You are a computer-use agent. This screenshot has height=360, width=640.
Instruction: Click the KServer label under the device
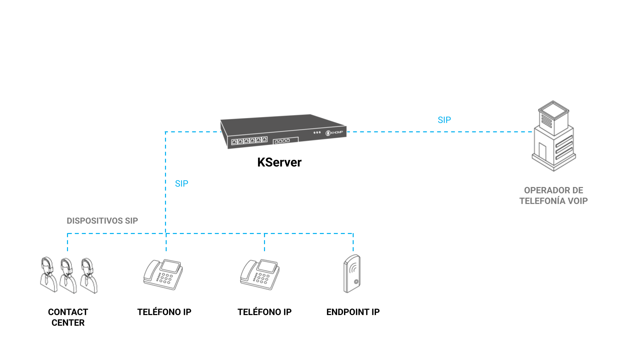[279, 162]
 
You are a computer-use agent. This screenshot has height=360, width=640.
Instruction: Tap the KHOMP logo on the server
[334, 133]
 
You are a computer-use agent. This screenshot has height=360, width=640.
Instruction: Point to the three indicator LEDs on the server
[317, 133]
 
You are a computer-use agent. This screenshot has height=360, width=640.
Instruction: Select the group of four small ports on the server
[282, 141]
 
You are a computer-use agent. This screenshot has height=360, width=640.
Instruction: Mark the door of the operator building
[542, 152]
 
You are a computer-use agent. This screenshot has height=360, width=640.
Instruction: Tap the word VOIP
[578, 201]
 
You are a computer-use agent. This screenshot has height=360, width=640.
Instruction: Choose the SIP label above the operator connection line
[444, 120]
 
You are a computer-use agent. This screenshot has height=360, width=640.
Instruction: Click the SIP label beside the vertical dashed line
[182, 184]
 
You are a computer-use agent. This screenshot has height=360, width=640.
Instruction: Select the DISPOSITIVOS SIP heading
[102, 221]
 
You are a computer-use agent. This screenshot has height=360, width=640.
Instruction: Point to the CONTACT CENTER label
[68, 317]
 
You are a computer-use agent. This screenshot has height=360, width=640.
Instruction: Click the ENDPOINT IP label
[353, 312]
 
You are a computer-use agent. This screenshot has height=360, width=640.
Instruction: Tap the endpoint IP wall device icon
[352, 274]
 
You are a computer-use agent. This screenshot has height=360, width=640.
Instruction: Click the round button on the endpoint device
[356, 282]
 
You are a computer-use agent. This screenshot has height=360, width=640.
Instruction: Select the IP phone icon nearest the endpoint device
[260, 275]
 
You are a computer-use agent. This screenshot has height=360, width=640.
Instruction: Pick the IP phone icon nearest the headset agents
[163, 275]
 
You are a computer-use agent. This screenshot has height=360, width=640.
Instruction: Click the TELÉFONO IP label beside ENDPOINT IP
[264, 312]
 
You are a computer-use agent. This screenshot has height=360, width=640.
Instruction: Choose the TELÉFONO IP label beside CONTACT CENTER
[164, 312]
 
